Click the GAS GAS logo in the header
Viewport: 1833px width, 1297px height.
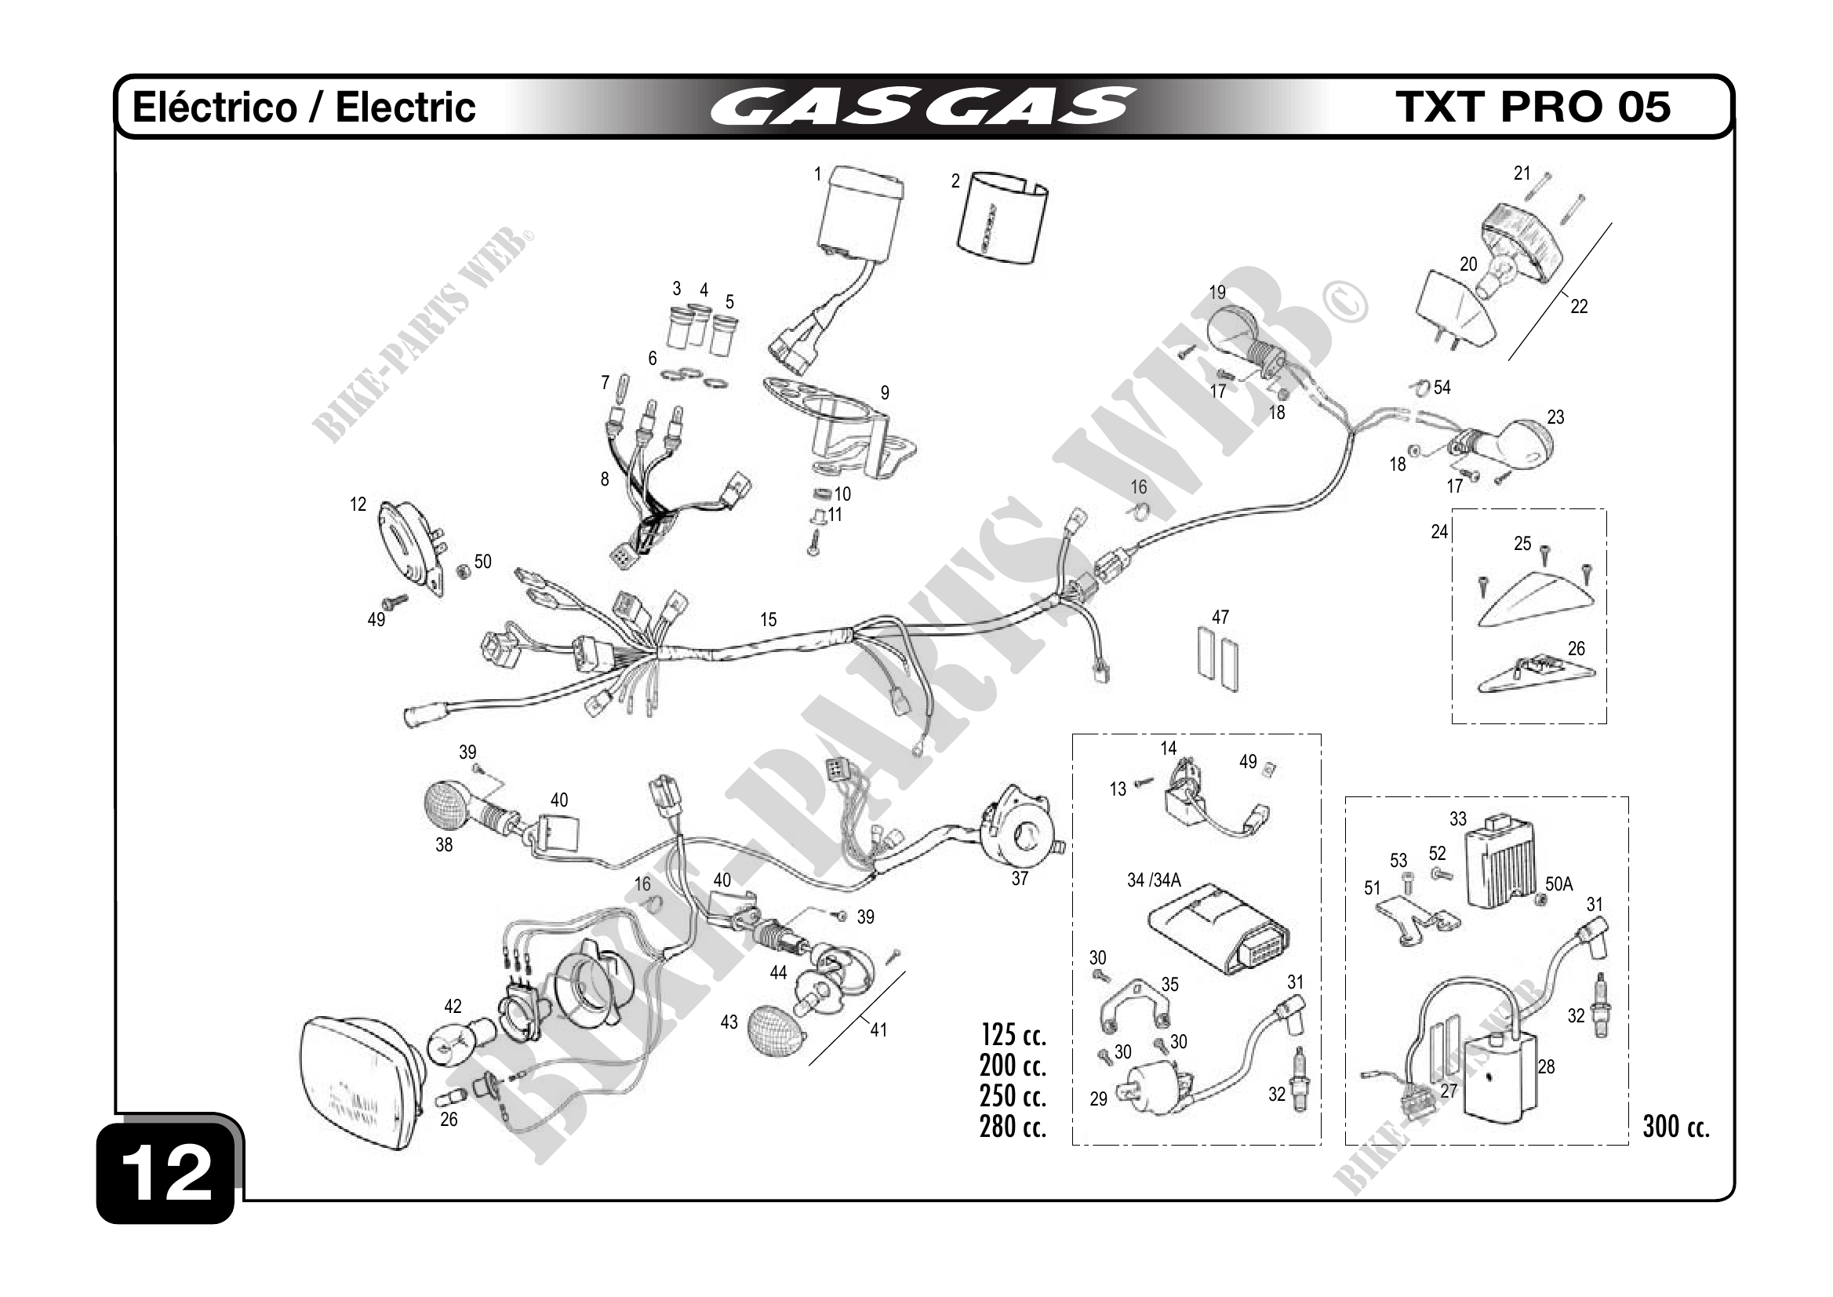tap(922, 107)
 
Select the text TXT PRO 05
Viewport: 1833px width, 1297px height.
tap(1532, 107)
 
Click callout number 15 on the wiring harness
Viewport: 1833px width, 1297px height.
tap(768, 620)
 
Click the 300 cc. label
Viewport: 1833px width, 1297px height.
tap(1675, 1127)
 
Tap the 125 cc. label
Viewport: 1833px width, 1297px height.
tap(1013, 1035)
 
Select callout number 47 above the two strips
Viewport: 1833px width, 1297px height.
tap(1220, 618)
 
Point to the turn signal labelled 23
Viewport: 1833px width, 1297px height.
tap(1522, 444)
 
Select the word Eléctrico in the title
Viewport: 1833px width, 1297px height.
tap(214, 107)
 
